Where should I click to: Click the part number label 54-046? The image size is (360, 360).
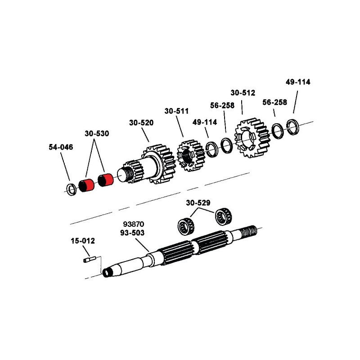point(61,147)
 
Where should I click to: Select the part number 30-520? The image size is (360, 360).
point(141,122)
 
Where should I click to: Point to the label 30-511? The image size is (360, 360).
point(176,111)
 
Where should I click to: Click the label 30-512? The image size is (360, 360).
point(243,93)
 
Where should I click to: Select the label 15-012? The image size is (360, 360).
point(83,241)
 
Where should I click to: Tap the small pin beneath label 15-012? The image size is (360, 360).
point(90,259)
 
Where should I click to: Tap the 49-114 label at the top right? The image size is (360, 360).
point(298,82)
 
